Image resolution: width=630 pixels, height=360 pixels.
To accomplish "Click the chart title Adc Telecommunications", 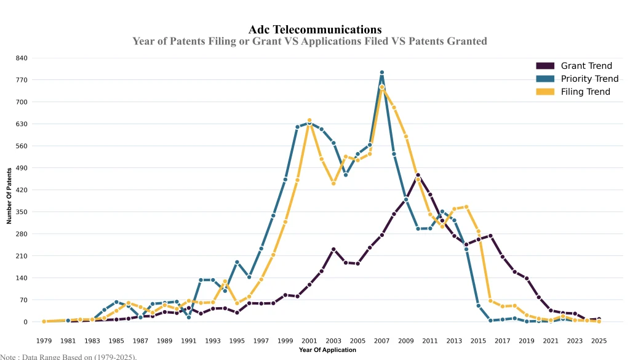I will click(x=315, y=30).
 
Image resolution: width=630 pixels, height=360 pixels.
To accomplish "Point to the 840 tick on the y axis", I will click(x=22, y=58).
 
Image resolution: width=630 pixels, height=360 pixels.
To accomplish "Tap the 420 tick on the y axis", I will click(x=22, y=190).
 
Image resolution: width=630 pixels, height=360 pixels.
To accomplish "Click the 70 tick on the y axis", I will click(x=23, y=300).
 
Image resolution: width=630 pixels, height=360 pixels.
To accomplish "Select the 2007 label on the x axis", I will click(x=381, y=341).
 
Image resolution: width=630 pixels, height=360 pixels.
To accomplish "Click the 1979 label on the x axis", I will click(x=44, y=341).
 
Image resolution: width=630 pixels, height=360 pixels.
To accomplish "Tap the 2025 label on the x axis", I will click(x=599, y=341).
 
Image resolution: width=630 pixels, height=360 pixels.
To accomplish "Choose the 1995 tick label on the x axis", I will click(x=237, y=341).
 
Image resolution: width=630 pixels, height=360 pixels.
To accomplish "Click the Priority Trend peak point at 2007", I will click(x=381, y=73).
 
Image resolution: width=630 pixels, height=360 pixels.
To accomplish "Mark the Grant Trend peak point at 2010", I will click(x=418, y=175).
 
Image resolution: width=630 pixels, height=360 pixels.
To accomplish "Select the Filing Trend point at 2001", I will click(x=309, y=121).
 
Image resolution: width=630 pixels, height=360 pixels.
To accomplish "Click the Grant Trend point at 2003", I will click(x=333, y=249).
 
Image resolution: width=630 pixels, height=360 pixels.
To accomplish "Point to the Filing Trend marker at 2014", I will click(x=466, y=207).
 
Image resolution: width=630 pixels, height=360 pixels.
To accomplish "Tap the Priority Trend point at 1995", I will click(x=237, y=262).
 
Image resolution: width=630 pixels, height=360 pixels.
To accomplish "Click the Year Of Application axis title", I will click(x=327, y=350).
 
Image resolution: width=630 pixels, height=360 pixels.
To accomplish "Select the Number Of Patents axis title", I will click(x=9, y=195).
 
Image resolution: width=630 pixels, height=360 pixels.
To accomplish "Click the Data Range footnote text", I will click(x=68, y=356).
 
